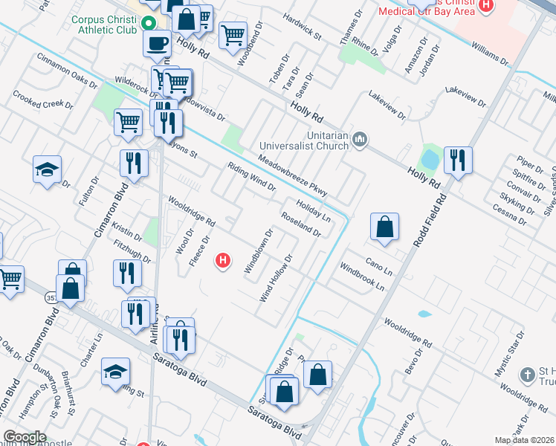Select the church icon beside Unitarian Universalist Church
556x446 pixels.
point(361,140)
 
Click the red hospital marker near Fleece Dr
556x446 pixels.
point(222,260)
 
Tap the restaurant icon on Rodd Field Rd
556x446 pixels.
point(457,161)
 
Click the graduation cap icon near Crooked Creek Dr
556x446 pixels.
point(47,170)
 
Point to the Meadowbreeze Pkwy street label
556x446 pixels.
point(293,175)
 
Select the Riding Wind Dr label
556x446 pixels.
point(251,176)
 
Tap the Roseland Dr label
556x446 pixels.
point(300,224)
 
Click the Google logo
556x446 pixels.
point(25,437)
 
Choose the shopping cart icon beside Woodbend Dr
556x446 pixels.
point(233,34)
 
